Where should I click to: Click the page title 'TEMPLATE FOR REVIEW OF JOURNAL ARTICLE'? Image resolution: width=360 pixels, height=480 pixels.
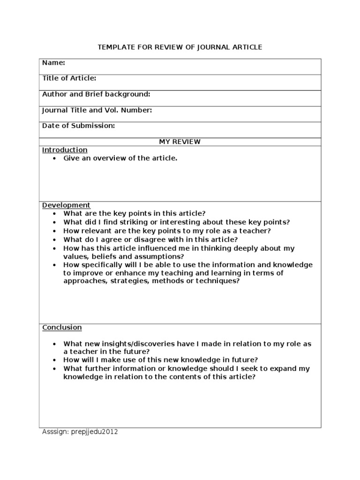click(x=180, y=47)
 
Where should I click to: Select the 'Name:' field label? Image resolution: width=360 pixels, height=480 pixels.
click(x=53, y=62)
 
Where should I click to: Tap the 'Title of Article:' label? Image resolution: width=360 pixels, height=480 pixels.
click(x=69, y=78)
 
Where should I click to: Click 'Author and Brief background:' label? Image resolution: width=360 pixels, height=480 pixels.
click(x=96, y=94)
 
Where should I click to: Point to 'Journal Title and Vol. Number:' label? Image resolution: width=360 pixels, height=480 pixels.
click(x=97, y=110)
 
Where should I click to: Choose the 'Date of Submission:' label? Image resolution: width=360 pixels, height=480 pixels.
click(x=78, y=126)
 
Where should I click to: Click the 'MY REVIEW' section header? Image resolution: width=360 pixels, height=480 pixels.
click(x=180, y=142)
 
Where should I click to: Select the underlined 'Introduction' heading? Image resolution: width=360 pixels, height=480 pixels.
click(x=65, y=150)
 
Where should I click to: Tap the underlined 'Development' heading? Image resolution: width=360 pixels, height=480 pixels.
click(x=66, y=205)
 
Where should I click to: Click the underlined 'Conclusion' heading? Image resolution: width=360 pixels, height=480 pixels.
click(x=62, y=327)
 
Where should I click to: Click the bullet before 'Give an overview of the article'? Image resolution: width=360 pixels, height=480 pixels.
click(x=54, y=158)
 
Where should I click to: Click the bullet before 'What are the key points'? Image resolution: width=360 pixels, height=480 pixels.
click(x=54, y=213)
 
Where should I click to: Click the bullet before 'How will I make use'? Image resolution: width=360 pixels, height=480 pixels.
click(x=54, y=360)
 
